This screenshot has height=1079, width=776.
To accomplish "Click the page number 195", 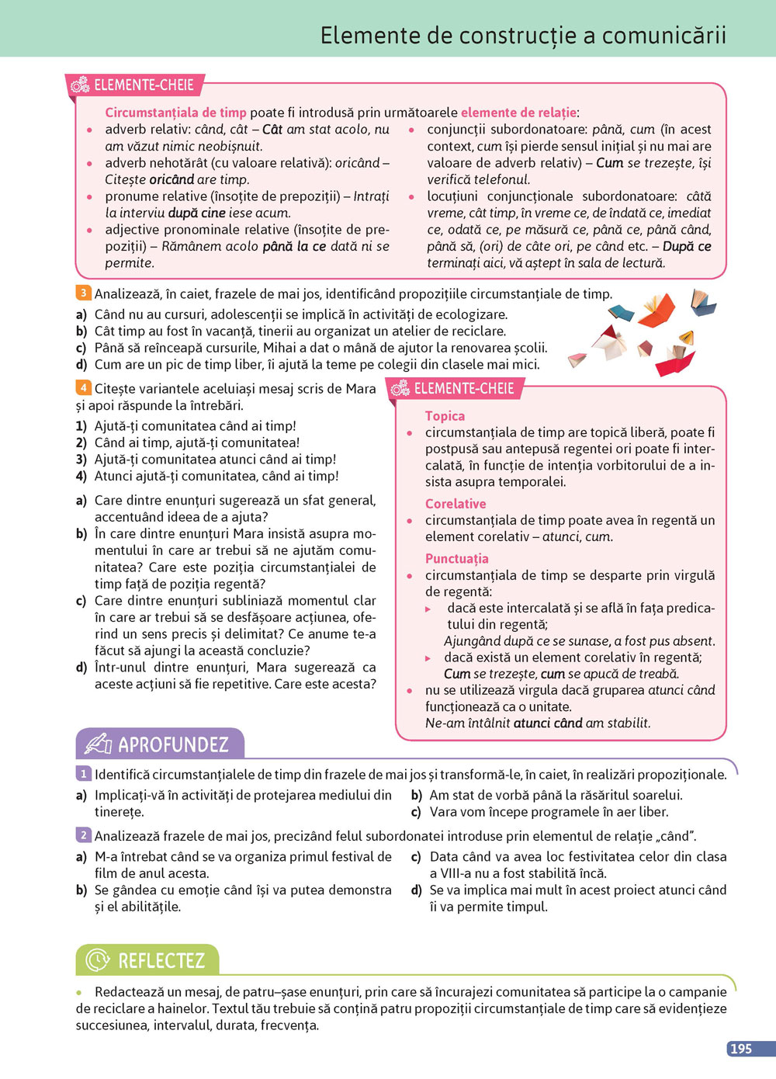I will tap(741, 1049).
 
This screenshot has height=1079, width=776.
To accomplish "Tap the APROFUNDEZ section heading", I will tap(173, 745).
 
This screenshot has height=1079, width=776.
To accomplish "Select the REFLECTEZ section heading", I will tap(161, 961).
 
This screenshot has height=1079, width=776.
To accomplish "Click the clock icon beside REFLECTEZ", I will tap(97, 960).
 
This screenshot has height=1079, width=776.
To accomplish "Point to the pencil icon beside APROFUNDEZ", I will tap(98, 744).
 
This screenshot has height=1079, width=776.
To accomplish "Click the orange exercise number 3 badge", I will tap(83, 293).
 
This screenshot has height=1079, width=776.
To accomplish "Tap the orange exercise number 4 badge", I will tap(83, 388).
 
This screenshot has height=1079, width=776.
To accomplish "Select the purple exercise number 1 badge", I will tap(83, 774).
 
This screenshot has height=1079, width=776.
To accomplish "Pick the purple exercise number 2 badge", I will tap(83, 835).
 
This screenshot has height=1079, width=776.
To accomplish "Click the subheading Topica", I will tap(445, 416).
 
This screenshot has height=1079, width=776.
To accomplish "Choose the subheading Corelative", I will tap(456, 504).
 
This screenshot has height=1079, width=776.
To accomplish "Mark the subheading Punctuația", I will tap(456, 558).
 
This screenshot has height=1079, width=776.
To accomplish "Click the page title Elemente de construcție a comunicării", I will tap(523, 35).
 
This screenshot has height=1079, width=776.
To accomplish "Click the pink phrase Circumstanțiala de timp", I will tap(175, 113).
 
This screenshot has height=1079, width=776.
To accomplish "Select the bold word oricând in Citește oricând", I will tap(171, 179).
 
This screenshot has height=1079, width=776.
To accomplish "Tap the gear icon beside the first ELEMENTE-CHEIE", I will tap(81, 85).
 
